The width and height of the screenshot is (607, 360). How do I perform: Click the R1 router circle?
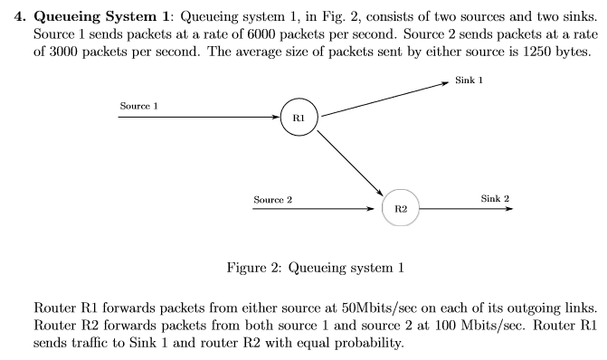tap(299, 117)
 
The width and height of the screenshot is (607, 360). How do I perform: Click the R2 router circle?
tap(402, 208)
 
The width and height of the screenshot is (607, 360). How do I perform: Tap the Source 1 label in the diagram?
tap(139, 107)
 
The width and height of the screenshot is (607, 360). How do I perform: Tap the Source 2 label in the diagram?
tap(272, 198)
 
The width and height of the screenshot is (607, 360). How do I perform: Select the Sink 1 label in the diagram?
tap(469, 80)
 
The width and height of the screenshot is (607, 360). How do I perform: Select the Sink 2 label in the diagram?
tap(495, 198)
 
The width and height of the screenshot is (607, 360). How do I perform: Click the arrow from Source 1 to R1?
tap(199, 117)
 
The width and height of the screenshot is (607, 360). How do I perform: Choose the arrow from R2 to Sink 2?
tap(466, 208)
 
